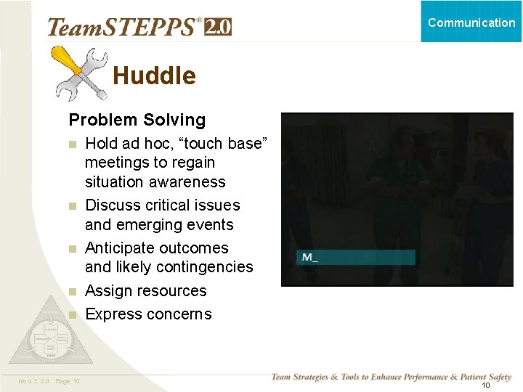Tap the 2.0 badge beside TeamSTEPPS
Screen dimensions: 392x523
218,27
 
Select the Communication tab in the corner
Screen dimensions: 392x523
471,22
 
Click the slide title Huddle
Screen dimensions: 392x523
154,75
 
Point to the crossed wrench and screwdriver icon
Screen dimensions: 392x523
81,73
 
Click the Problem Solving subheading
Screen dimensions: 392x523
137,120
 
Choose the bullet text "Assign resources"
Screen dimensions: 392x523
146,290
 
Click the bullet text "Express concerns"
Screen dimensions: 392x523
148,314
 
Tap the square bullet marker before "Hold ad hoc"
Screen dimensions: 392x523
72,144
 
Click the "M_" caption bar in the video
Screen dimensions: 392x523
356,257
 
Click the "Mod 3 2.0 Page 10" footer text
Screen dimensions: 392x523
49,381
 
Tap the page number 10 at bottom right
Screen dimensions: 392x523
485,385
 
